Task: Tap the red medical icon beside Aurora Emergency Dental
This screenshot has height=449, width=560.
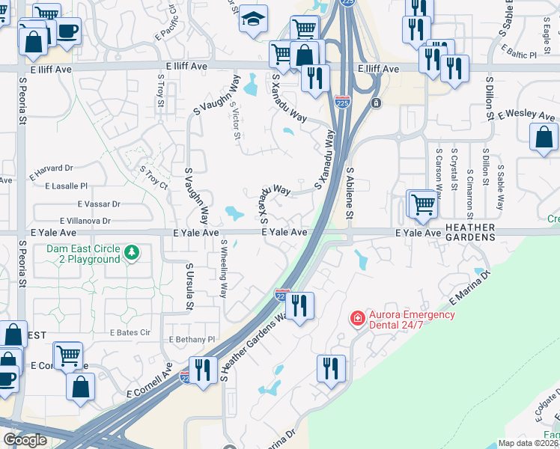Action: pyautogui.click(x=358, y=319)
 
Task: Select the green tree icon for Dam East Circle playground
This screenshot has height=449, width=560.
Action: pyautogui.click(x=133, y=254)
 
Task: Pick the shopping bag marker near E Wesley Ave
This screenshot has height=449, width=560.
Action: pyautogui.click(x=544, y=137)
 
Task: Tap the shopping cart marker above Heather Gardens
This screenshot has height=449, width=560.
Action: pyautogui.click(x=422, y=204)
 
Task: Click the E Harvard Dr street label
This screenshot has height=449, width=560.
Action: pyautogui.click(x=52, y=169)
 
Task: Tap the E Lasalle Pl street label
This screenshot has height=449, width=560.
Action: pyautogui.click(x=67, y=186)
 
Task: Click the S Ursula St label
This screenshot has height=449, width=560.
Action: pyautogui.click(x=189, y=287)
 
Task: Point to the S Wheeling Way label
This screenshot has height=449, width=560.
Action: pyautogui.click(x=224, y=269)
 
